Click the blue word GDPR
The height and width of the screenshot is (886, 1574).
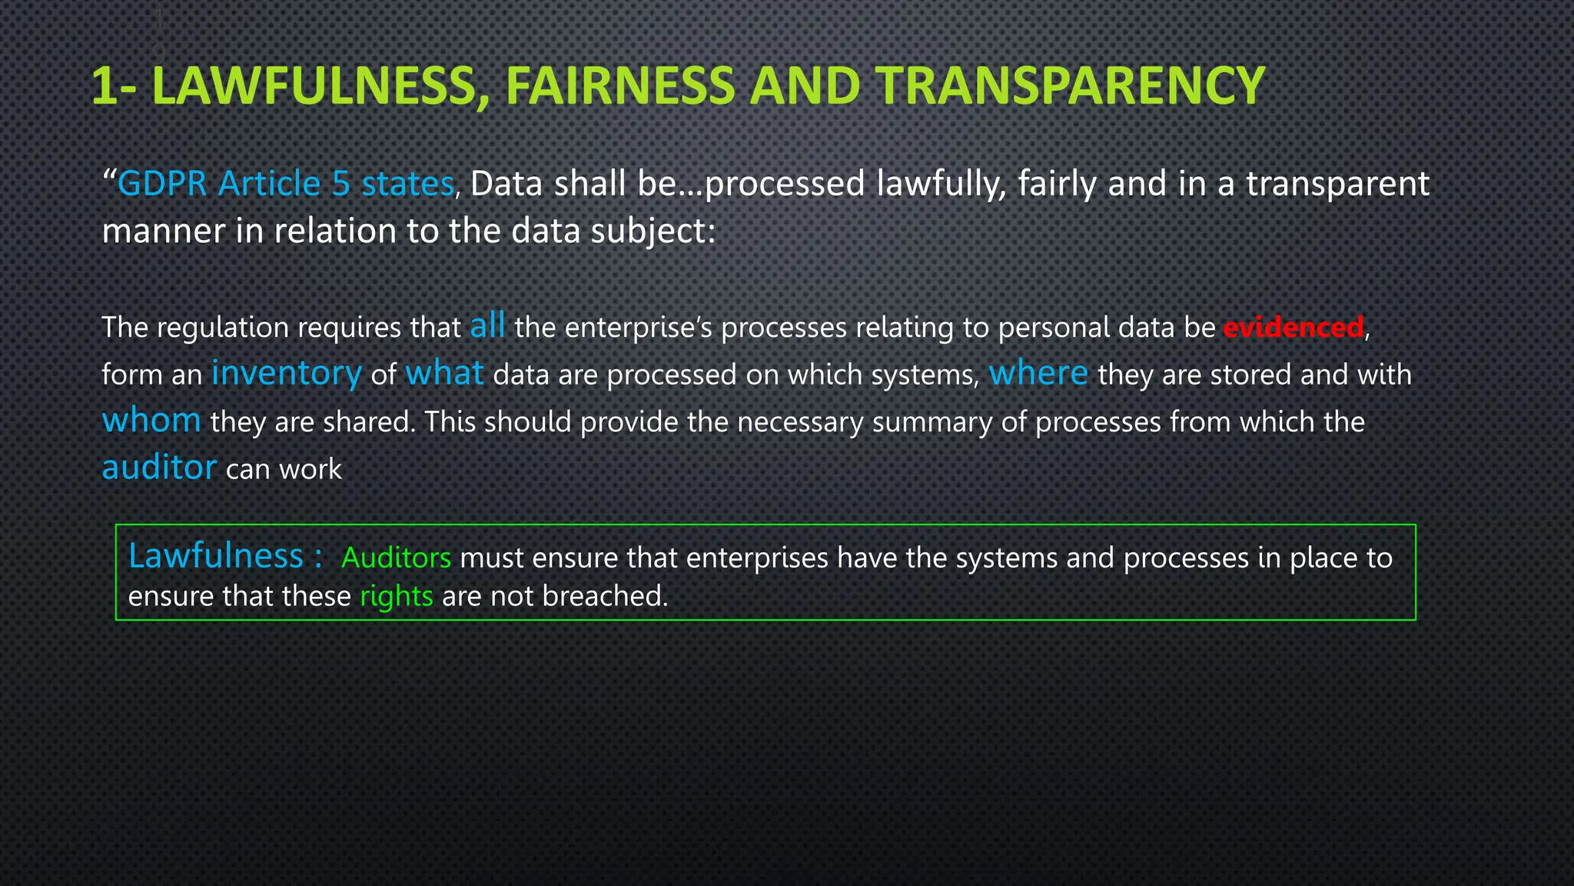pos(162,184)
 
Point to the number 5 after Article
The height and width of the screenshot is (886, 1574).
pos(341,184)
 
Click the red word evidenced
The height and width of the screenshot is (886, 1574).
pos(1293,328)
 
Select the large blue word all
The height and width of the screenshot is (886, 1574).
pos(487,325)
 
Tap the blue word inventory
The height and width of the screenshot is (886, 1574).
pos(286,374)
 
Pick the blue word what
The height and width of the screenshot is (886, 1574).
pos(444,373)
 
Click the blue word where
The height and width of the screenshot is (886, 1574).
pos(1038,373)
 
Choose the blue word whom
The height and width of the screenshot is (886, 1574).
pos(151,421)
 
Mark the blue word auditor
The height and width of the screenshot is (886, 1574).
pos(159,468)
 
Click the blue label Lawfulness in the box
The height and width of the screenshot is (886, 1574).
pos(216,555)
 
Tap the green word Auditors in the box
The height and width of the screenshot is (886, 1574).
pos(396,558)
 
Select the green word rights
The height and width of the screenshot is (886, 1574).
pos(396,597)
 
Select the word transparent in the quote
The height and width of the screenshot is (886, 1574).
pos(1337,184)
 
